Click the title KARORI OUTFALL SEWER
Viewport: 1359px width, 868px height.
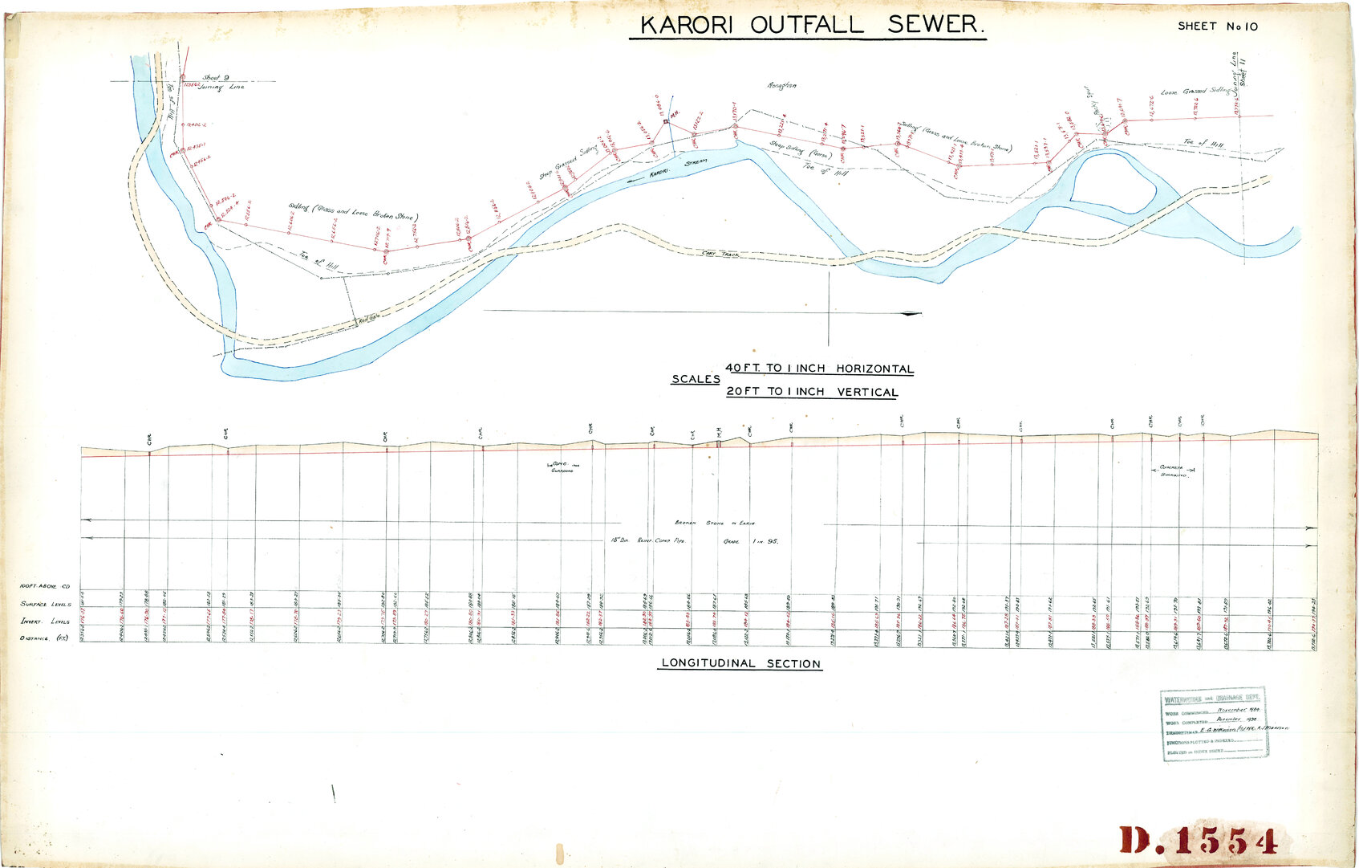click(x=808, y=25)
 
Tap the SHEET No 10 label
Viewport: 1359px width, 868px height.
click(x=1217, y=26)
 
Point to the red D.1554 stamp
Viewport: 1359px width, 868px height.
click(x=1197, y=841)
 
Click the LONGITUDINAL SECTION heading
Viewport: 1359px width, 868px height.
click(x=740, y=664)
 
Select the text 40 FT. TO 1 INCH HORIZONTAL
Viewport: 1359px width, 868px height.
click(x=819, y=369)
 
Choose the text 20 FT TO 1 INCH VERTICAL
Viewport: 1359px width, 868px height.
click(x=811, y=392)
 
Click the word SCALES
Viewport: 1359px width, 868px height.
click(x=696, y=379)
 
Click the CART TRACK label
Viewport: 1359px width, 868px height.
click(x=720, y=254)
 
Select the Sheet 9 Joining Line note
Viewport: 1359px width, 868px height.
click(x=219, y=82)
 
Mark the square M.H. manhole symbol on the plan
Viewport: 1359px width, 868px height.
click(x=665, y=121)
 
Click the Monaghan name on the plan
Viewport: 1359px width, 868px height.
click(x=782, y=85)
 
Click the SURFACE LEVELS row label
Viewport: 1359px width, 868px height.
click(x=46, y=604)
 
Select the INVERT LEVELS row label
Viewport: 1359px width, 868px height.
click(x=46, y=621)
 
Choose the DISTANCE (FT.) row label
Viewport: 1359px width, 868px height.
click(x=46, y=638)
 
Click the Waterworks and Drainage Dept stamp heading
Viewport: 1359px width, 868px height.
click(x=1215, y=698)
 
